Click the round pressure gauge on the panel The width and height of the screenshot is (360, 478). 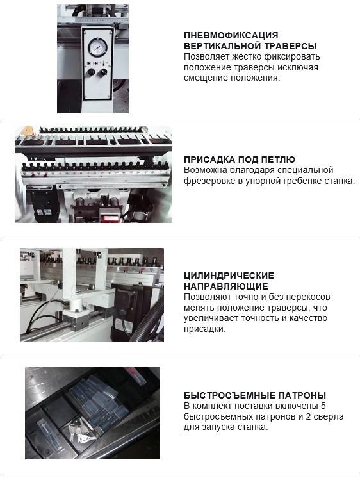96,47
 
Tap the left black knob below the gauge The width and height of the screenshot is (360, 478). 90,72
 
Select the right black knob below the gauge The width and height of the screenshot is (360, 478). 104,72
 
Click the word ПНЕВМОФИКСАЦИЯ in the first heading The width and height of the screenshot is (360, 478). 231,35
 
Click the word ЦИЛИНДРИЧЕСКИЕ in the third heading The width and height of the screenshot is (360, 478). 229,276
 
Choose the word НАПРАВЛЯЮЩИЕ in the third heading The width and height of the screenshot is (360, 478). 226,286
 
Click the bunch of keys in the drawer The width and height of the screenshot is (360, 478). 79,430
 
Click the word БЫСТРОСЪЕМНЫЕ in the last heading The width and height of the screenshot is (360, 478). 225,395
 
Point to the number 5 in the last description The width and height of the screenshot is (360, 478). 323,406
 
